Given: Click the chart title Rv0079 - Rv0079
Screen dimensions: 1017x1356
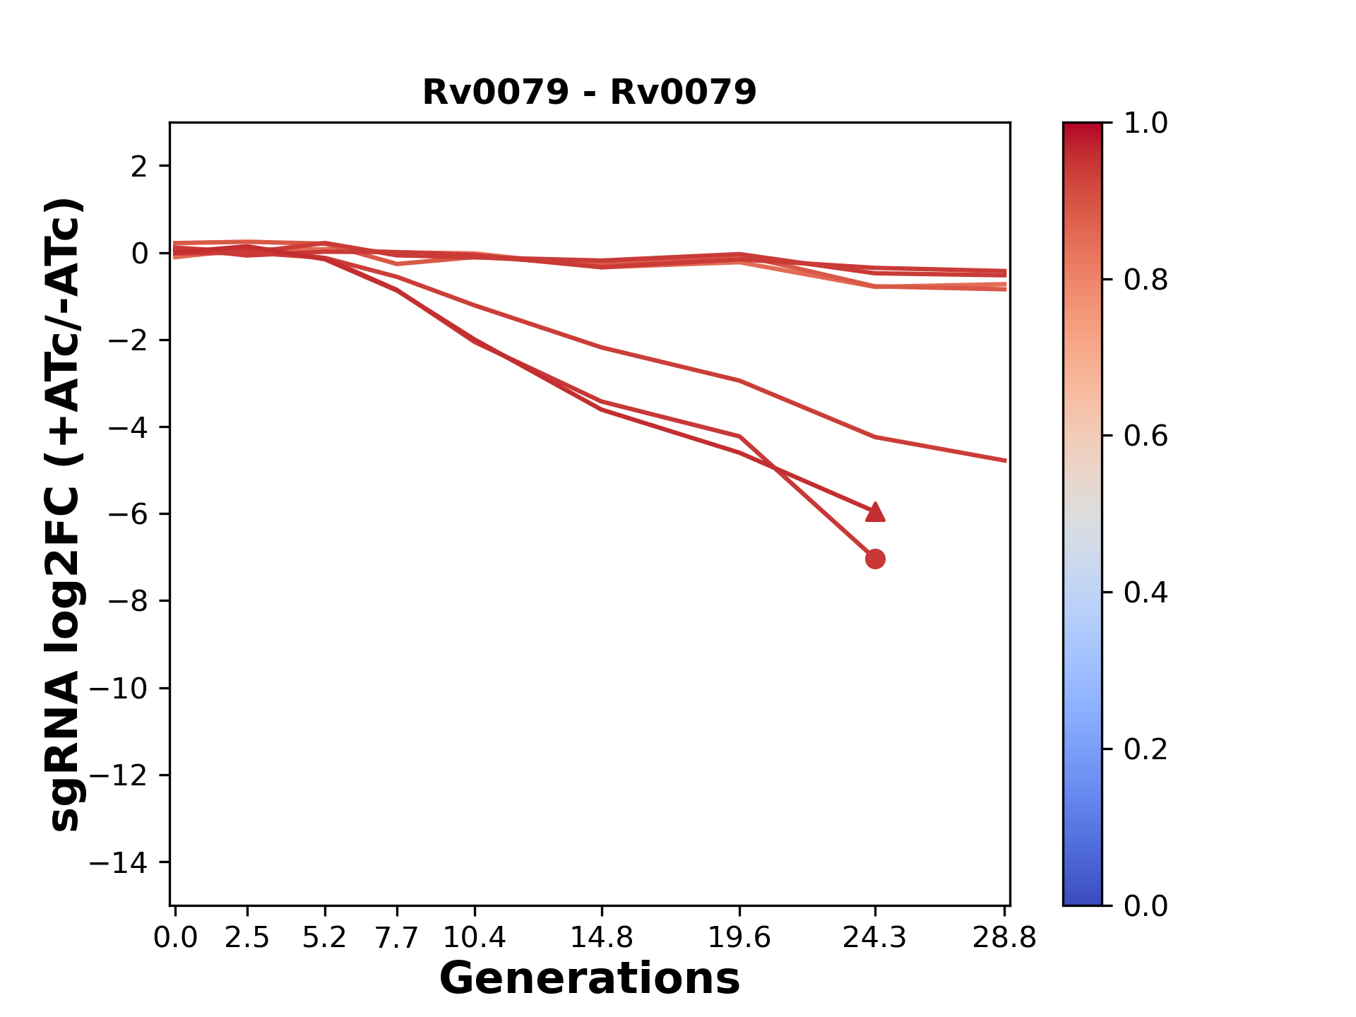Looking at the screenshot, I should (x=589, y=92).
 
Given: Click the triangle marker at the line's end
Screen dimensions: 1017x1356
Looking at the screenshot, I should (x=875, y=512).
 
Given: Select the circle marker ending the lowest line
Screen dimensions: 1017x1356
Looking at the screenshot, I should (x=875, y=559).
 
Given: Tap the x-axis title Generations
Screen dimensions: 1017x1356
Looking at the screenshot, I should (x=590, y=979).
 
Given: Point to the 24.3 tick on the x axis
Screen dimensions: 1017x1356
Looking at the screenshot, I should (x=875, y=937).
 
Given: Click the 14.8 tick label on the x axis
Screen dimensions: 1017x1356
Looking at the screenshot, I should (x=601, y=937).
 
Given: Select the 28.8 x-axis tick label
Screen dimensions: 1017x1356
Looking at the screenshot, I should (x=1004, y=937).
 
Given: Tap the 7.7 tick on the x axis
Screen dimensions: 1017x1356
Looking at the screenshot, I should (x=397, y=937).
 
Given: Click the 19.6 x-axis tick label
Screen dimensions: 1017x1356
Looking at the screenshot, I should (x=739, y=937).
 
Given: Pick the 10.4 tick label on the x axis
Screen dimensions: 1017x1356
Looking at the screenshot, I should (x=474, y=937).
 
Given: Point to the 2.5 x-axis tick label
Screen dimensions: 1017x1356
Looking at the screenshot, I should (x=247, y=937).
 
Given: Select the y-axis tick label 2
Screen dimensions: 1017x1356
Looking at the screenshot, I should (x=139, y=167).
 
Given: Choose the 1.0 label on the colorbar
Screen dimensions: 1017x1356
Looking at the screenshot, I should (x=1146, y=123).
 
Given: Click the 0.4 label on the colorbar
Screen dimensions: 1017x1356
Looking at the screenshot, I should (x=1146, y=592).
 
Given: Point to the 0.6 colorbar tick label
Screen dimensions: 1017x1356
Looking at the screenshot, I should (x=1146, y=436).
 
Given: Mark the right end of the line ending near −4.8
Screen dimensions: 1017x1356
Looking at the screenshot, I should (x=1005, y=460).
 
